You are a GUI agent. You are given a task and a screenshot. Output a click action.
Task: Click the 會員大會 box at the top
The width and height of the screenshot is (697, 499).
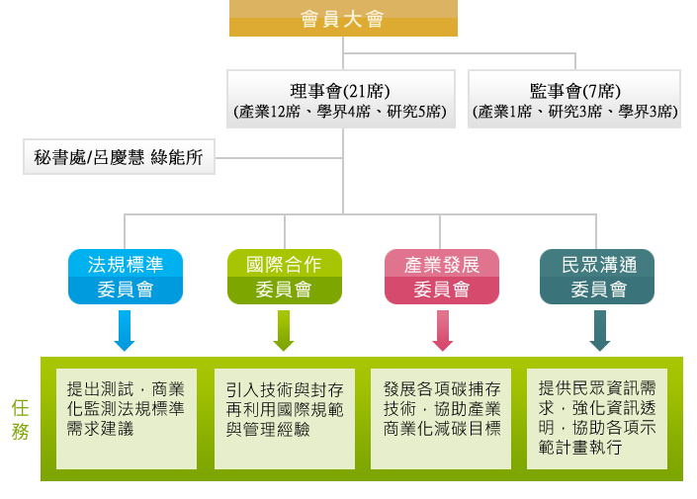point(342,19)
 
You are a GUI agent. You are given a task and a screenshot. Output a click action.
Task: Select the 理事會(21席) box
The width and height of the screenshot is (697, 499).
point(341,98)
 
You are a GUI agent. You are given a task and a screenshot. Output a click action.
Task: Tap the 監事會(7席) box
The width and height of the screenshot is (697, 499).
point(574,98)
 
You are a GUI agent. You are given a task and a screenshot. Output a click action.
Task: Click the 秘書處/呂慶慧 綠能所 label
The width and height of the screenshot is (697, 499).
point(119,157)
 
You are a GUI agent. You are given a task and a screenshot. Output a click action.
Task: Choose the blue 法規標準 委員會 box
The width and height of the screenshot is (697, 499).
point(125,277)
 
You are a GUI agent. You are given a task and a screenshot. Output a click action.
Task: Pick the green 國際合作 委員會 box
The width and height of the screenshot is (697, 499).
point(283,277)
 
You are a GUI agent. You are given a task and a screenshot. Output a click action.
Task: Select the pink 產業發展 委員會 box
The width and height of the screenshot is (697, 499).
point(442,277)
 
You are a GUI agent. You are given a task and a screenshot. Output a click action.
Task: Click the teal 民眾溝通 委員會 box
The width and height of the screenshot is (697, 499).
point(599,277)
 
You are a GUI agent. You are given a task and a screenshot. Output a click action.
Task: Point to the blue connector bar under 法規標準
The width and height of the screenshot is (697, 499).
point(125,331)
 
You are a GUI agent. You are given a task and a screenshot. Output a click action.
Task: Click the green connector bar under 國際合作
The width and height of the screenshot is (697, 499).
point(283,331)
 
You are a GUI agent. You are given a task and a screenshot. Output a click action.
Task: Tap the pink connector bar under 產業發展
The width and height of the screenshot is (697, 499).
point(442,331)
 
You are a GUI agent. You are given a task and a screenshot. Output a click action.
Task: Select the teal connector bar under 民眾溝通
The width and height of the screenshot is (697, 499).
point(599,331)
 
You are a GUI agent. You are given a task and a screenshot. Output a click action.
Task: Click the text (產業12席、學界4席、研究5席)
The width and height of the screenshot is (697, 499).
point(341,112)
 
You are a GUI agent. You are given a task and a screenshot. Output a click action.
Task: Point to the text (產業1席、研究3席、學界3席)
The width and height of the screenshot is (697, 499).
point(574,112)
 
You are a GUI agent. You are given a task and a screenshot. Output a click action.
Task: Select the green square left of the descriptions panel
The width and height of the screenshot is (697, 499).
point(19,419)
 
